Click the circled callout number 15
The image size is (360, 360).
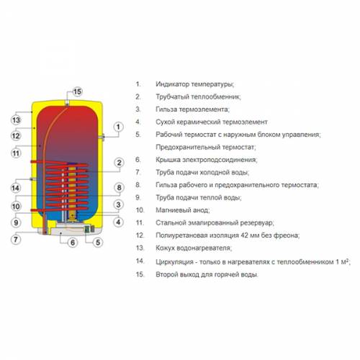point(77,91)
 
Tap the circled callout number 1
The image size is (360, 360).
point(118,127)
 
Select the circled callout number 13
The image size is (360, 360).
point(16,120)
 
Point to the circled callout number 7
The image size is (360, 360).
point(16,239)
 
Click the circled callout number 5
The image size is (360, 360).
point(98,243)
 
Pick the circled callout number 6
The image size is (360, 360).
point(73,243)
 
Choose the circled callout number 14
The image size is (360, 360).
point(16,188)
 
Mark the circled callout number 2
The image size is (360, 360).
point(119,163)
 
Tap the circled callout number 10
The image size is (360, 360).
point(16,207)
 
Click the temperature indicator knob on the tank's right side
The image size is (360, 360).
point(103,138)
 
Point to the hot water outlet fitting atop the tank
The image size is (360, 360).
point(68,104)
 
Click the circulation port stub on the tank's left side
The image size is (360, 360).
point(32,179)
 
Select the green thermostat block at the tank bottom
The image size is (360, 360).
point(87,229)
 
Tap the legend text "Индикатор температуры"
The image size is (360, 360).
point(195,84)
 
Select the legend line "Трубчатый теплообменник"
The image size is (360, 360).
point(198,96)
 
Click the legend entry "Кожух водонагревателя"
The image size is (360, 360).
point(194,248)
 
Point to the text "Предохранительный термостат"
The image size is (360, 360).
point(206,147)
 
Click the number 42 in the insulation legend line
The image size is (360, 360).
point(244,235)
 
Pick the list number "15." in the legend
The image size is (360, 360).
point(140,274)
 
